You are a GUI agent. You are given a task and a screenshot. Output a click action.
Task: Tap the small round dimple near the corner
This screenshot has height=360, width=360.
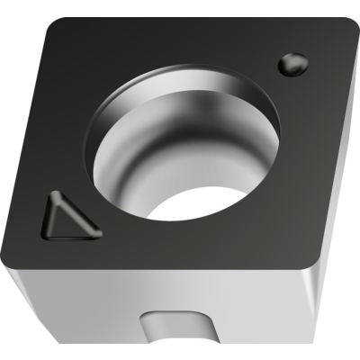pyautogui.click(x=292, y=64)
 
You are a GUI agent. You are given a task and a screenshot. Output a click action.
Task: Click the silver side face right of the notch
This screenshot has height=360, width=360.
pyautogui.click(x=261, y=310)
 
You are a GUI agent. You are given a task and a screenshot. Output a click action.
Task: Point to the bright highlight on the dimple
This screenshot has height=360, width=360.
pyautogui.click(x=288, y=60)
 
